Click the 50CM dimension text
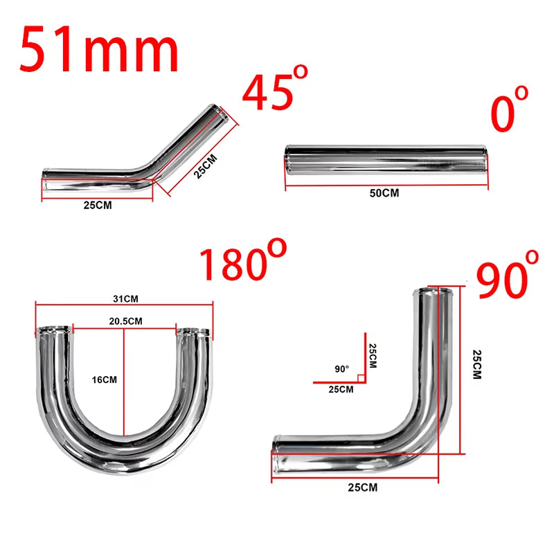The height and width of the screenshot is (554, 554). (384, 193)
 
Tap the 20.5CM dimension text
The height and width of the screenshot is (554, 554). (126, 321)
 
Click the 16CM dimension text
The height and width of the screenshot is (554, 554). (105, 379)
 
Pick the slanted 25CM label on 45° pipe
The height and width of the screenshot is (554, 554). (206, 166)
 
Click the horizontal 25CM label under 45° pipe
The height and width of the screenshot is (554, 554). (97, 206)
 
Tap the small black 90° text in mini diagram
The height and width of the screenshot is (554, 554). (341, 369)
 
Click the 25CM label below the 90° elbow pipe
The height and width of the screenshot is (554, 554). (363, 488)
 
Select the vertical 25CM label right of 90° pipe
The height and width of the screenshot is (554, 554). (476, 364)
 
